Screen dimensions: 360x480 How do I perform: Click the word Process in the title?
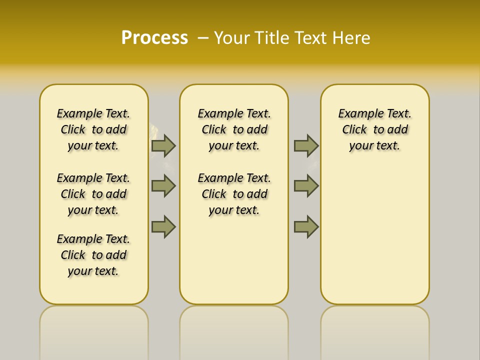click(x=154, y=38)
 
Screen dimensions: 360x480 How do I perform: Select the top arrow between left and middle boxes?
click(x=163, y=145)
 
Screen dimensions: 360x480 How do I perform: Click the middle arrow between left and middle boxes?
click(x=163, y=186)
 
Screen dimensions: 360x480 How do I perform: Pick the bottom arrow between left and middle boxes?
click(x=163, y=226)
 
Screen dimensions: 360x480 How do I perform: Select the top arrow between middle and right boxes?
click(x=306, y=145)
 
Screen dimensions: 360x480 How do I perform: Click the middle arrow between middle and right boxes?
click(x=306, y=186)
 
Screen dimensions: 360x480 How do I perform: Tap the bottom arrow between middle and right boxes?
click(x=306, y=226)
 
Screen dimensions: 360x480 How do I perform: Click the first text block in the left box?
click(x=93, y=129)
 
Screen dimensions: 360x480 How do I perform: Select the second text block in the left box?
click(x=93, y=194)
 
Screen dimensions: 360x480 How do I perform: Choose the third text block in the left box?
click(x=93, y=255)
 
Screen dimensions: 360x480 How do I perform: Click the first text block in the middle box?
click(x=234, y=129)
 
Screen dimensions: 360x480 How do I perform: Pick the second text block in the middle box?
click(x=234, y=194)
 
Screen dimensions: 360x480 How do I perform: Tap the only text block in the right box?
click(x=374, y=129)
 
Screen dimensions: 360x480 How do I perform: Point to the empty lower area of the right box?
click(x=374, y=235)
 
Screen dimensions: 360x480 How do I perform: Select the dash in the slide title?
click(x=203, y=38)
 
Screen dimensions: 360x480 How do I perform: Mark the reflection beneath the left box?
click(x=93, y=330)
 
